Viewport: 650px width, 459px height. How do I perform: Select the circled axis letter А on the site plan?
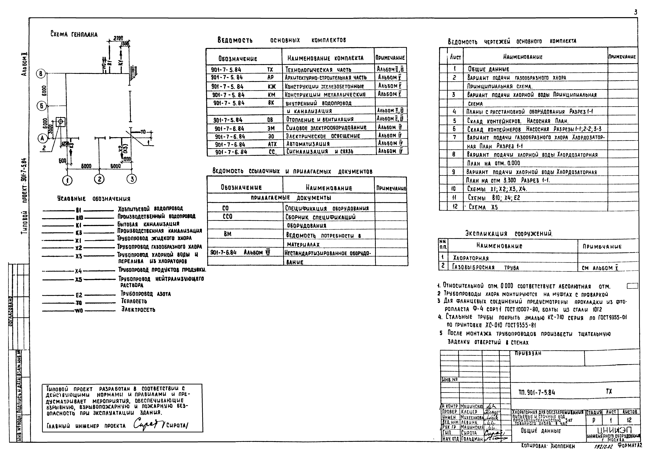pyautogui.click(x=42, y=138)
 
